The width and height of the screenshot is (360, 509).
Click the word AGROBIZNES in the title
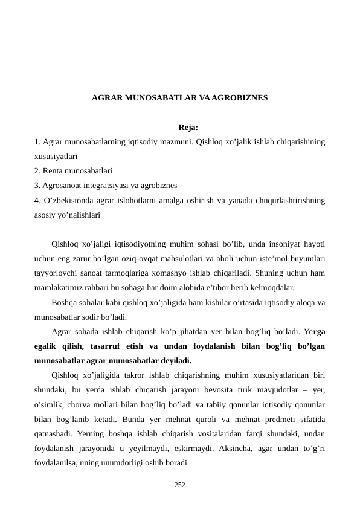click(x=240, y=97)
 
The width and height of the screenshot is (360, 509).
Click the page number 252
click(x=179, y=484)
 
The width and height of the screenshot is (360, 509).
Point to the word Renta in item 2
click(x=53, y=170)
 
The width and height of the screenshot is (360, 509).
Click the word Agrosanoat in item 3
click(x=62, y=185)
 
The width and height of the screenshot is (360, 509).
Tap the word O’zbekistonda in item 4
click(x=69, y=200)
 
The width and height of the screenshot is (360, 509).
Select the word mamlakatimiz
click(x=63, y=288)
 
